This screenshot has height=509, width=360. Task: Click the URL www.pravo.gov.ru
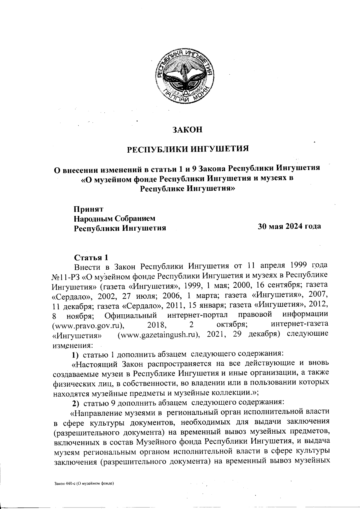(88, 325)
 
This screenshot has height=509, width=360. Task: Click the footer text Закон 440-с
(84, 484)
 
